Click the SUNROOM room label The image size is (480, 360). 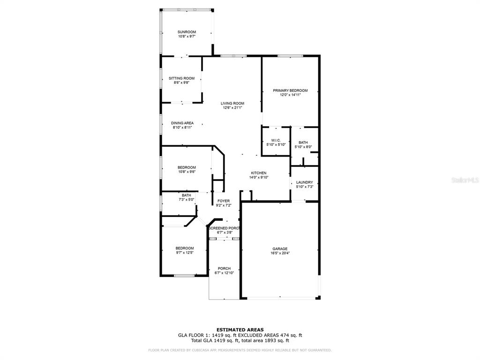pyautogui.click(x=187, y=32)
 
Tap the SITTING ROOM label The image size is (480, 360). pyautogui.click(x=181, y=78)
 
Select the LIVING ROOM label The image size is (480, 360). pyautogui.click(x=232, y=104)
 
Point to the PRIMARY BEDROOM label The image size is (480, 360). pyautogui.click(x=290, y=90)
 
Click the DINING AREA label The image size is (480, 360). pyautogui.click(x=182, y=123)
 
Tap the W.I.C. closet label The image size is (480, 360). pyautogui.click(x=276, y=141)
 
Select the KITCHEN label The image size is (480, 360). pyautogui.click(x=259, y=173)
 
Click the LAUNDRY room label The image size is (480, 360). pyautogui.click(x=305, y=182)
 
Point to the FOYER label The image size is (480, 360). pyautogui.click(x=224, y=201)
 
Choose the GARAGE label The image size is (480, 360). pyautogui.click(x=280, y=249)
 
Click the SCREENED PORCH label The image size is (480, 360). pyautogui.click(x=224, y=228)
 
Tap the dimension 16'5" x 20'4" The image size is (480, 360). pyautogui.click(x=280, y=253)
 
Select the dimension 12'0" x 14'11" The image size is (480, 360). pyautogui.click(x=290, y=95)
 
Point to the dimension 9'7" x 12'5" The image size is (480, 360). pyautogui.click(x=185, y=253)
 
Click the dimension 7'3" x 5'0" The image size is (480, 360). pyautogui.click(x=187, y=200)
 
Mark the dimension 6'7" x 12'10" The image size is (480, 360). pyautogui.click(x=224, y=273)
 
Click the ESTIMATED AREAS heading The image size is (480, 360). pyautogui.click(x=240, y=330)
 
